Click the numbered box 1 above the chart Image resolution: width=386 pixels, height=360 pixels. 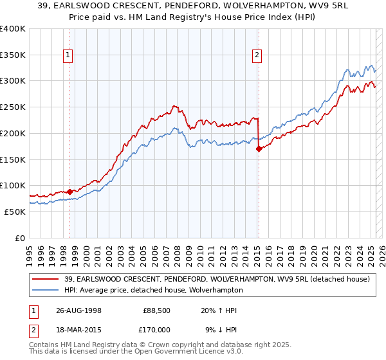68,55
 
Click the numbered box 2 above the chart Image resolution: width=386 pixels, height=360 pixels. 257,55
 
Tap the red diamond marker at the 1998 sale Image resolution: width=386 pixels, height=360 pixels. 70,191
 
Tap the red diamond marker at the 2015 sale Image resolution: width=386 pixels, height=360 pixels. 259,148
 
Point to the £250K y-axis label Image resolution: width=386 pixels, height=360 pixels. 13,107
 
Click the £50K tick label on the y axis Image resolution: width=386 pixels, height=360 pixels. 15,212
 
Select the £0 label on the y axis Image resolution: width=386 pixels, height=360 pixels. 19,238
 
